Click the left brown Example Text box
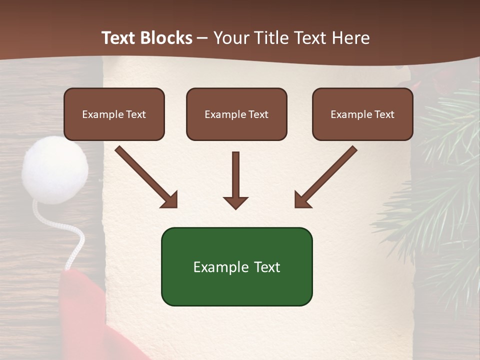pyautogui.click(x=114, y=114)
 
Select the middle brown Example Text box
pyautogui.click(x=236, y=114)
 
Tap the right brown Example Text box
pyautogui.click(x=362, y=114)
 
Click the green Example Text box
pyautogui.click(x=236, y=266)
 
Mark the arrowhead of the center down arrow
pyautogui.click(x=235, y=202)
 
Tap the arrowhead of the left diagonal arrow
pyautogui.click(x=170, y=200)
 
